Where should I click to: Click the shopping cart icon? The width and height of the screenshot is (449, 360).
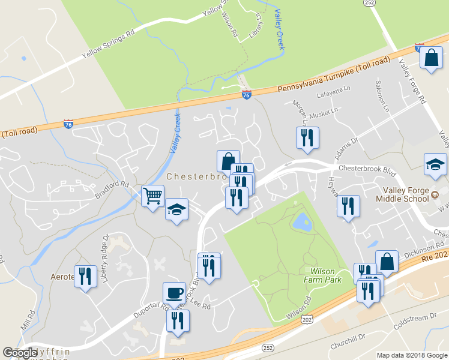(153, 196)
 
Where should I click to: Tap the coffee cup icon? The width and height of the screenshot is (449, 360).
(174, 293)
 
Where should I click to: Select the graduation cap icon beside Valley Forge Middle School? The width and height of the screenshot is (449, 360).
(435, 164)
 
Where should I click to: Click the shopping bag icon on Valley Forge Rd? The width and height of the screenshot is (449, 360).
(431, 58)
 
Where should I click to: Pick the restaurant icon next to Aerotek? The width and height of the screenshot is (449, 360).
(85, 276)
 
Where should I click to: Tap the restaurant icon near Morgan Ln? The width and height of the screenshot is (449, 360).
(307, 137)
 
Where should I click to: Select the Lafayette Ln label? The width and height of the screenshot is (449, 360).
(336, 91)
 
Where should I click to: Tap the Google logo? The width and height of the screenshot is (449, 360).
(20, 353)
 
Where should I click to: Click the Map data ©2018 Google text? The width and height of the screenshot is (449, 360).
(412, 355)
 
